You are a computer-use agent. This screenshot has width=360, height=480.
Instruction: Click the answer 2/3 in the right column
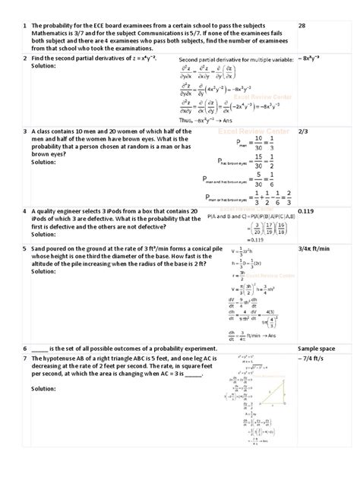303,131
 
